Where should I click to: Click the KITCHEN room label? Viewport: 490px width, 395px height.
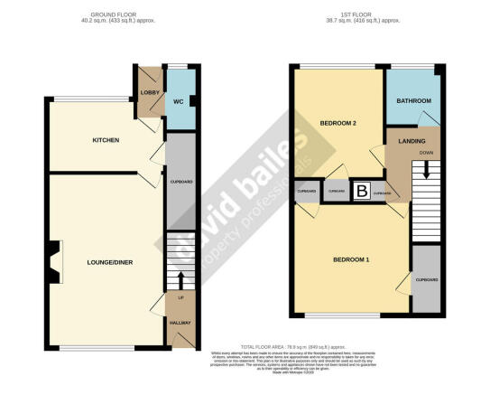(106, 140)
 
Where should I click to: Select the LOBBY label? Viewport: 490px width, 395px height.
(149, 92)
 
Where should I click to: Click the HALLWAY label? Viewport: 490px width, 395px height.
(181, 322)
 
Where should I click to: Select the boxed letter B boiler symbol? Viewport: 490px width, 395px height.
(362, 191)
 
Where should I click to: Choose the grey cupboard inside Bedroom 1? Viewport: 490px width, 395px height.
(426, 280)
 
